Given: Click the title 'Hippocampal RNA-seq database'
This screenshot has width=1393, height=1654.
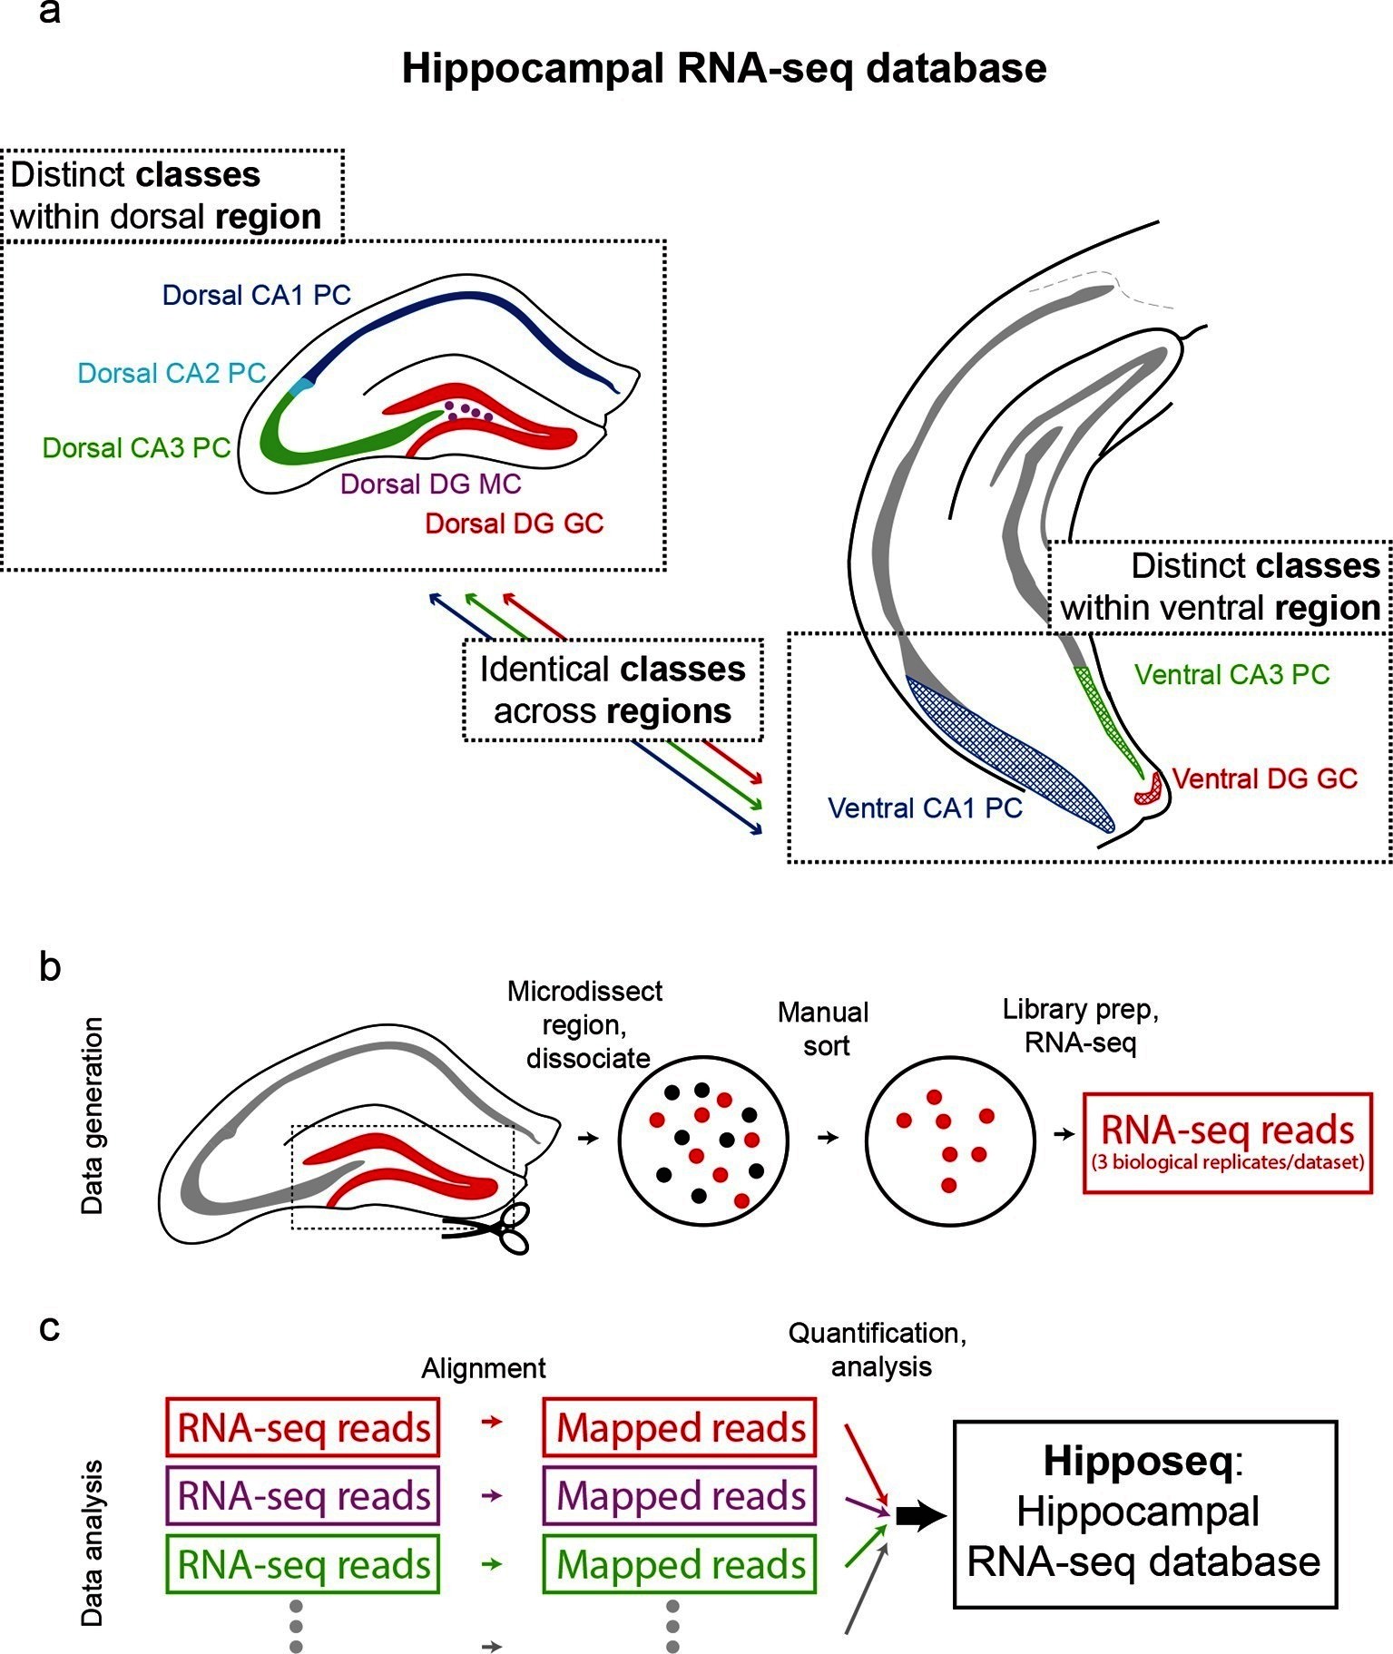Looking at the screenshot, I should coord(723,69).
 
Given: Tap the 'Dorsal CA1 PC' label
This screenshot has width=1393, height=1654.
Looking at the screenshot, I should coord(256,295).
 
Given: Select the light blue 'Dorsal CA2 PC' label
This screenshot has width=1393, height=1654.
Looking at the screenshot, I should coord(172,373).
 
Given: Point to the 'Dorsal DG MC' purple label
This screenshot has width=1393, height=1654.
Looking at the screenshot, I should coord(430,484).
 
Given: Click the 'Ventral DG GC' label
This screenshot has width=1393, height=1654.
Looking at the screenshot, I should coord(1264,778).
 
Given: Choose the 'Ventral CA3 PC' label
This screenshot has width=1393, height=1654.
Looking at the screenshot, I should coord(1231,674).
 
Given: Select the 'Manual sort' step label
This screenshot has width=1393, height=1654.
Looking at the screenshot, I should coord(823,1029).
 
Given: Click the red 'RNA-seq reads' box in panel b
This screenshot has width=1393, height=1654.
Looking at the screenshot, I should coord(1228,1142).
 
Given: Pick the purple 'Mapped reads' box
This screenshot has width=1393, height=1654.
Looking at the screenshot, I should coord(680,1495).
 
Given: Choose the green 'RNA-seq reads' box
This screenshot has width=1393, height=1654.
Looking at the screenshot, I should coord(303,1564).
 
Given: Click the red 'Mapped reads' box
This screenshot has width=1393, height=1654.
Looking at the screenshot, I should coord(680,1427).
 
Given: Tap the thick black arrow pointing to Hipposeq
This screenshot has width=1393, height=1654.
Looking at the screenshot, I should coord(920,1516).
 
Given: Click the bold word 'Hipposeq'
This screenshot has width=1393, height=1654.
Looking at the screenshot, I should coord(1138,1461).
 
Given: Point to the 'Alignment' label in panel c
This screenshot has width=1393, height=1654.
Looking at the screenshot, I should coord(483,1368).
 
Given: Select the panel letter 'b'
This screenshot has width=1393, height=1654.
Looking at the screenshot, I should coord(50,967).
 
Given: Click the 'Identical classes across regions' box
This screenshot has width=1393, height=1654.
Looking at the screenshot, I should coord(613,690).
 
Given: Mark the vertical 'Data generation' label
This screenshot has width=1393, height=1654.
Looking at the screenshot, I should coord(92,1115).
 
